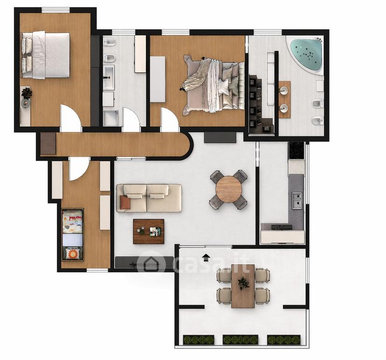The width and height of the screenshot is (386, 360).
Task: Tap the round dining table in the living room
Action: coord(229,189)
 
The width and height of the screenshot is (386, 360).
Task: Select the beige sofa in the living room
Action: coord(149,198)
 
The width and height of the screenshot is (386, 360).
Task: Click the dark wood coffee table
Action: coord(148,231)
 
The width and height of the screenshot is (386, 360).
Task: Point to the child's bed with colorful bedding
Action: coord(72,235)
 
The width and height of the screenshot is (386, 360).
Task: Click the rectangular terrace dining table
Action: coord(243,286)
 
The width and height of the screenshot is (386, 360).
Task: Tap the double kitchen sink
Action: coord(297,200)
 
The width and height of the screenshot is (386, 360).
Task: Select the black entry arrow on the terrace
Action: coord(205,257)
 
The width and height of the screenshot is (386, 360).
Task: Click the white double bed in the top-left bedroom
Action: coord(46,55)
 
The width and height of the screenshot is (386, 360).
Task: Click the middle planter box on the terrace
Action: coord(240,340)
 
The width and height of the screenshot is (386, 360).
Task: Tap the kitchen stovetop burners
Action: coord(282,227)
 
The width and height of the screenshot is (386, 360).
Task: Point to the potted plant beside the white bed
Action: coord(27,93)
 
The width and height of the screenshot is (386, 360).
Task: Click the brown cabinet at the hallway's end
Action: coord(48,144)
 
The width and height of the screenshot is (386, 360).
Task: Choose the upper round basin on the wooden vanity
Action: coord(284,90)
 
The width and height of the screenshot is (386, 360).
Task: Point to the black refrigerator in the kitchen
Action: coord(296,151)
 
